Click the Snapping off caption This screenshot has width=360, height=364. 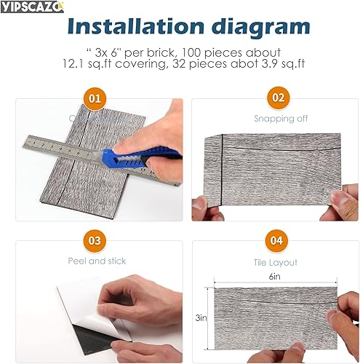tap(275, 118)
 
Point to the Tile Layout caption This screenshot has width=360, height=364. tap(275, 260)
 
